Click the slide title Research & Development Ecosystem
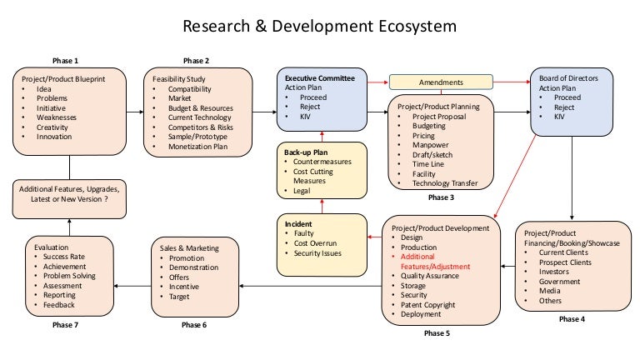pos(319,26)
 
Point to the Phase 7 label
pos(64,325)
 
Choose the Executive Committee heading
pos(319,78)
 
